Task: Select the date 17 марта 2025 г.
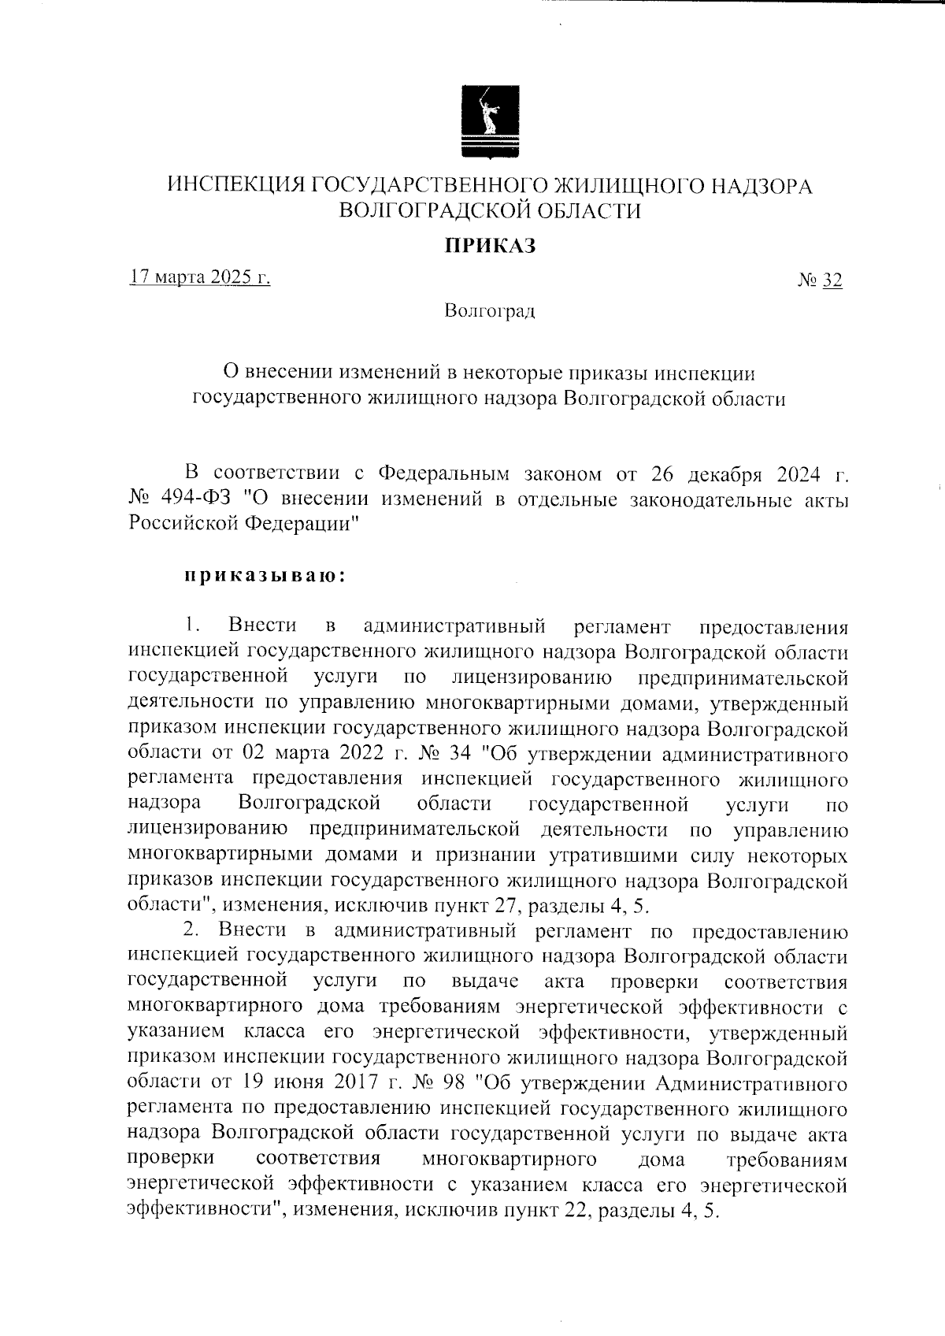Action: click(x=200, y=277)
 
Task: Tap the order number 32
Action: click(x=832, y=280)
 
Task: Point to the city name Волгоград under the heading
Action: click(x=489, y=311)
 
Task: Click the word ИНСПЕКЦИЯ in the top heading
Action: click(x=235, y=186)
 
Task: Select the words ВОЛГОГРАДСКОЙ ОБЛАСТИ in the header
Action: click(x=488, y=210)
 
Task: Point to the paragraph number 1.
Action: click(x=191, y=626)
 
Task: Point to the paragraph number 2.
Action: click(x=191, y=931)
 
